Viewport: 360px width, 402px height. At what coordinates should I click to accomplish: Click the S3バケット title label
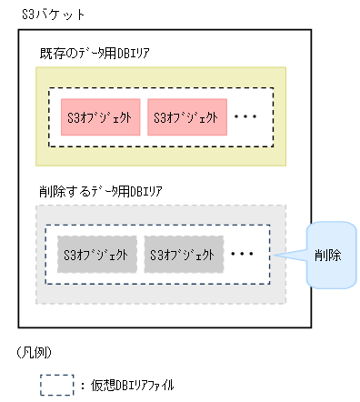point(45,13)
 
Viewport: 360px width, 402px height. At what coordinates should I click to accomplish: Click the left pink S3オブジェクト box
point(100,117)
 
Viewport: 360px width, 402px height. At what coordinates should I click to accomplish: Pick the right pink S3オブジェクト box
point(185,117)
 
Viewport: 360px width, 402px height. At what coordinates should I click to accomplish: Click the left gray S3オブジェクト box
point(97,254)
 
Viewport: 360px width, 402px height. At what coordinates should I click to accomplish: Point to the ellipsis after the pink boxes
point(246,117)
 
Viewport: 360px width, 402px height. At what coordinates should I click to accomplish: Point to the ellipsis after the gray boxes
point(244,254)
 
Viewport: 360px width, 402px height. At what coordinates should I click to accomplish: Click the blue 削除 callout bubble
point(328,256)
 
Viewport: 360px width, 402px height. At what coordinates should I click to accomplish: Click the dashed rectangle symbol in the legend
point(55,385)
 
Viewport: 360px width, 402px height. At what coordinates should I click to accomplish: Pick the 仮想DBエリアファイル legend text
point(131,386)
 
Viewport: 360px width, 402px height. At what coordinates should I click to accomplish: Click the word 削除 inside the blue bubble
point(328,256)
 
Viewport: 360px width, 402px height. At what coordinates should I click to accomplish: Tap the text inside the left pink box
point(100,117)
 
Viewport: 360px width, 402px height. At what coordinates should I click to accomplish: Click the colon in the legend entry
point(82,386)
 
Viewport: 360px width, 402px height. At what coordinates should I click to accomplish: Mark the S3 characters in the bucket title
point(26,13)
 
